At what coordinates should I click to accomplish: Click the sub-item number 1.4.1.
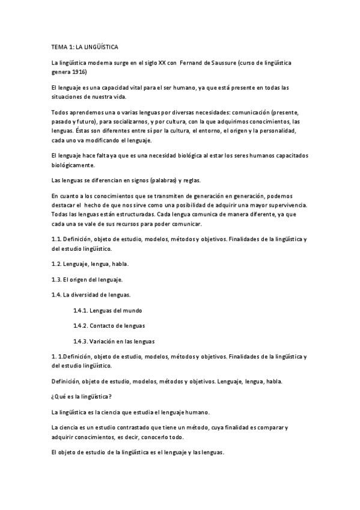81,310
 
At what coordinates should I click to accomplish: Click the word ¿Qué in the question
59,396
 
